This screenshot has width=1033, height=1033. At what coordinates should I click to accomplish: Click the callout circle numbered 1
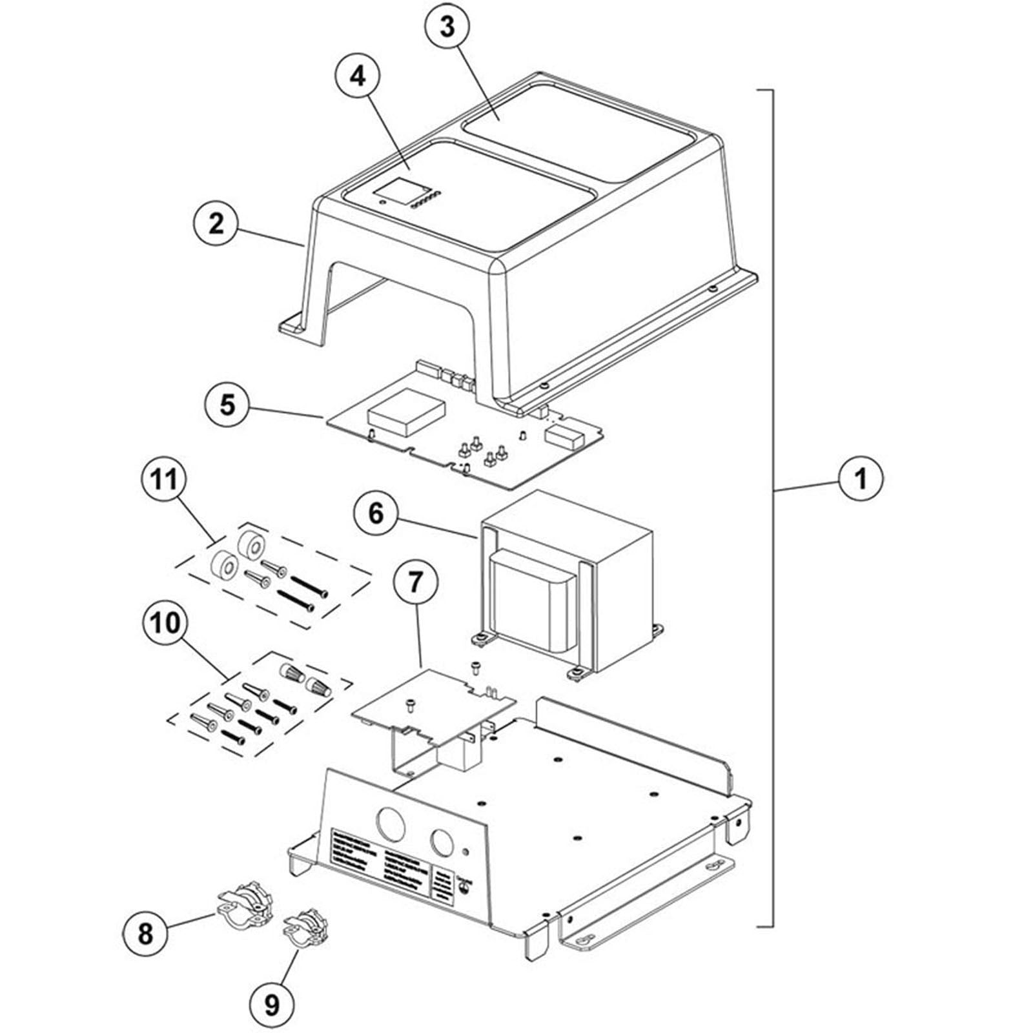click(861, 479)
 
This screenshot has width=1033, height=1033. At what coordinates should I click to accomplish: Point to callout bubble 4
click(358, 77)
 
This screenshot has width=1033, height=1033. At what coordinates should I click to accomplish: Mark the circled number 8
click(145, 933)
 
